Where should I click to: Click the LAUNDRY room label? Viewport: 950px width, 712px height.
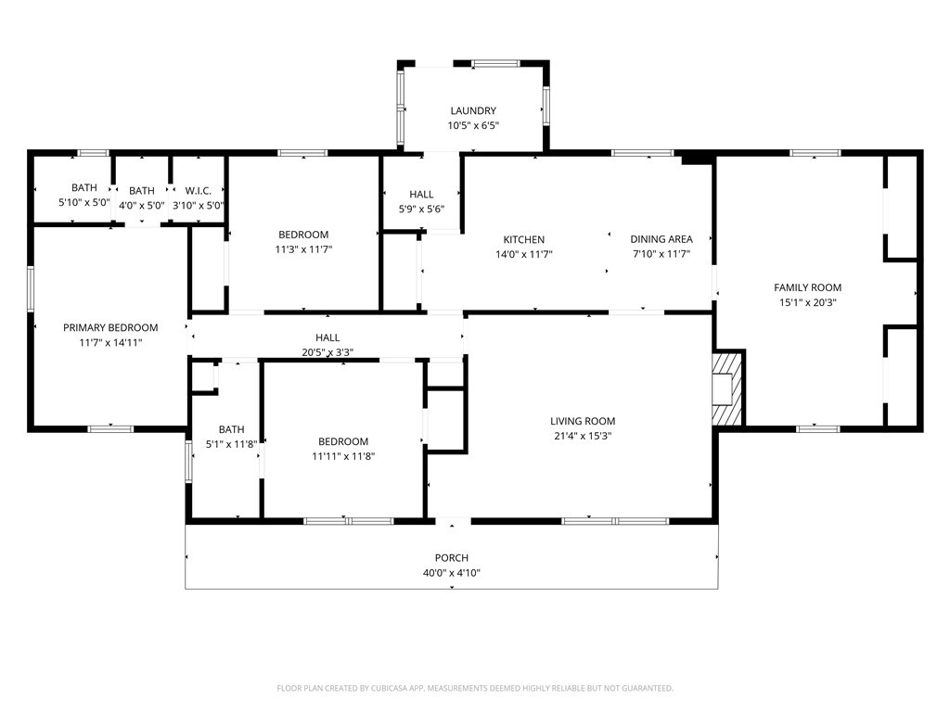pos(473,111)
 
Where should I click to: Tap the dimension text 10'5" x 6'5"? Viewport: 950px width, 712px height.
pos(473,126)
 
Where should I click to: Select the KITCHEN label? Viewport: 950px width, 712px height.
pos(524,240)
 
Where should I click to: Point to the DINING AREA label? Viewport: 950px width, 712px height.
pos(661,239)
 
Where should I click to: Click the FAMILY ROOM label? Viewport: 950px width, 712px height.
pos(808,287)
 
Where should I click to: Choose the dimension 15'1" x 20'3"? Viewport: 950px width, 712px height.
pos(808,303)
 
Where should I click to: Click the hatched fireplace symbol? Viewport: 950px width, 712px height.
pos(727,389)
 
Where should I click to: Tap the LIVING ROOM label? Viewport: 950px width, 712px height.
pos(583,421)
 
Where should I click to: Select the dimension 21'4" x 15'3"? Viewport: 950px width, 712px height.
pos(583,436)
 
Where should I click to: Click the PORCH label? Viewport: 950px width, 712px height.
pos(452,557)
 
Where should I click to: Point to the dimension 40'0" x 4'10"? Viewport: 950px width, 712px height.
pos(452,573)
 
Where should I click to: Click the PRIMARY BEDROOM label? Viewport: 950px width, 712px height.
pos(110,327)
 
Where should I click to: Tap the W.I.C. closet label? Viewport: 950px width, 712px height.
pos(199,191)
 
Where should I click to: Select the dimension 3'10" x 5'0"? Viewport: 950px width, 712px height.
pos(199,206)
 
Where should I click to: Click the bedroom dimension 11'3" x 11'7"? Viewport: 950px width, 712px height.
pos(303,249)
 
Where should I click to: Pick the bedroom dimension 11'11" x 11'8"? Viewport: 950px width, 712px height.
pos(343,456)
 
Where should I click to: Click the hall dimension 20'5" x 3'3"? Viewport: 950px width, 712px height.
pos(327,352)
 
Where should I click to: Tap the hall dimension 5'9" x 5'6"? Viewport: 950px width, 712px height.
pos(421,210)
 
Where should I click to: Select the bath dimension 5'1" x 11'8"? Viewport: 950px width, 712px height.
pos(231,444)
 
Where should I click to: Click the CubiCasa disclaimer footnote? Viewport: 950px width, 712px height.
pos(475,689)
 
